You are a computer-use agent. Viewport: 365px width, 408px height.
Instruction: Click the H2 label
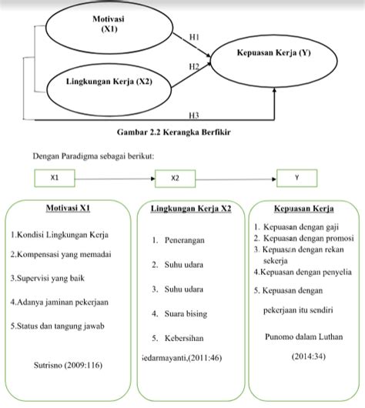tap(193, 68)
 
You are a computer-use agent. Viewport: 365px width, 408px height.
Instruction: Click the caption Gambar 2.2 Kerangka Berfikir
tap(182, 132)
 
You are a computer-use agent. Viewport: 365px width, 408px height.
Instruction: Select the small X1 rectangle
tap(55, 178)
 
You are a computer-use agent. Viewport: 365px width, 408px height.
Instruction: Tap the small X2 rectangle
tap(175, 178)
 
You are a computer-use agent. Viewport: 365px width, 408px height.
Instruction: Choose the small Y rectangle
tap(297, 178)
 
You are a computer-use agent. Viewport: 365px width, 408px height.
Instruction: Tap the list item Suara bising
tap(182, 313)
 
